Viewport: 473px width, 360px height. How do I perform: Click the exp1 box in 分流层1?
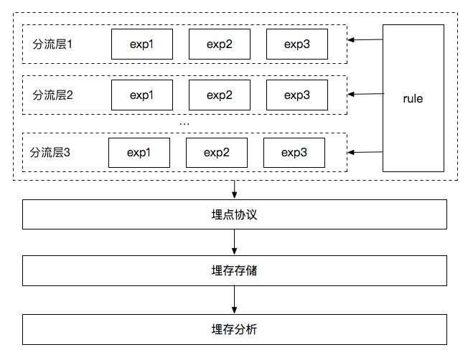(141, 44)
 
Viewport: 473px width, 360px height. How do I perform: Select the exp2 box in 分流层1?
(220, 44)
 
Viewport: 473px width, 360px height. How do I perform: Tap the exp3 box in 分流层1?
(297, 44)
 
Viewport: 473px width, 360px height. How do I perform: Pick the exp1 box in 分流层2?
(141, 95)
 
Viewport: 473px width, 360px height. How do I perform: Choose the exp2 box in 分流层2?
(220, 95)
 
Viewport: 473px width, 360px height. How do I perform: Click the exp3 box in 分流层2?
(297, 95)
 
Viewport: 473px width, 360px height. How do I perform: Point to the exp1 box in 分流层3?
(139, 152)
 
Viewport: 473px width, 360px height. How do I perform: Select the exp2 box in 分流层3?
(217, 152)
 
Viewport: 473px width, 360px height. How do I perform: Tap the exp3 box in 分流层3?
(294, 152)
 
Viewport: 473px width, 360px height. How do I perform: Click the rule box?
(413, 98)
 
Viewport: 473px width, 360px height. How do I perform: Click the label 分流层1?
(53, 44)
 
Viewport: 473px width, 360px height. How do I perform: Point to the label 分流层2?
(53, 95)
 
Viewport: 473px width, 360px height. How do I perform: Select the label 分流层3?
(51, 152)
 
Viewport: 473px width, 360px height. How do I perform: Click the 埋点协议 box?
(235, 214)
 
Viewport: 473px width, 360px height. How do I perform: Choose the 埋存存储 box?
(235, 271)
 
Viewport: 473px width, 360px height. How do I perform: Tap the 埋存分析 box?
(235, 329)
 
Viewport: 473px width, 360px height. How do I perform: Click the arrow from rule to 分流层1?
(365, 40)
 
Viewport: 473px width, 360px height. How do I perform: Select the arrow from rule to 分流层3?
(365, 151)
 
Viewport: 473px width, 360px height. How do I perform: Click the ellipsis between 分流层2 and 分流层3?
(184, 123)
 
